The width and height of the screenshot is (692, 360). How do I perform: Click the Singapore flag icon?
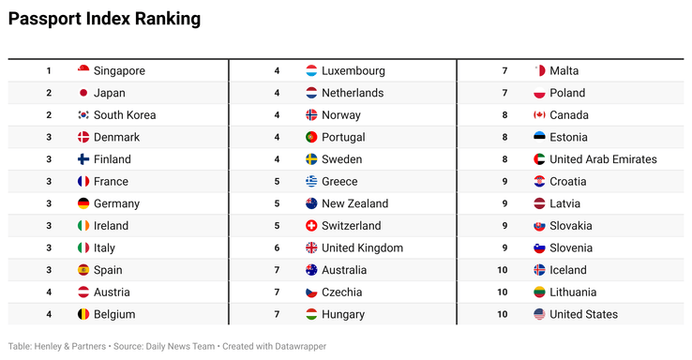(83, 70)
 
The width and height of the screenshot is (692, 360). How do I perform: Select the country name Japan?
(109, 93)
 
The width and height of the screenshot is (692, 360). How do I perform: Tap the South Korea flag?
(83, 115)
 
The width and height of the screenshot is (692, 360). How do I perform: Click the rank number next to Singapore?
(49, 70)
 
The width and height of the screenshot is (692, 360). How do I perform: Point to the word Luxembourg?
(353, 70)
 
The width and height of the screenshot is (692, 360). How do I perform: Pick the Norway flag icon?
(311, 115)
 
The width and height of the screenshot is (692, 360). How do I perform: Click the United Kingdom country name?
(362, 248)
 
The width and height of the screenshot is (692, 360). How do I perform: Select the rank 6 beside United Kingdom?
(277, 248)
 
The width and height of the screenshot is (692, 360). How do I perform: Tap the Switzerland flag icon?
(311, 226)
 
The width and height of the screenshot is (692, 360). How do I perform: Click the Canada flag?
(539, 115)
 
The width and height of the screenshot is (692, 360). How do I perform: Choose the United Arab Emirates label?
(603, 159)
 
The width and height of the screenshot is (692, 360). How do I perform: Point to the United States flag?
(539, 315)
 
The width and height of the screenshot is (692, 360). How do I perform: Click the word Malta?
(564, 70)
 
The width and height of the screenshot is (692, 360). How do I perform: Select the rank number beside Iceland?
(504, 270)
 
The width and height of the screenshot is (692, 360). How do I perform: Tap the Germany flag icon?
(83, 203)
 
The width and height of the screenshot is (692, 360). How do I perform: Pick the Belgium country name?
(114, 315)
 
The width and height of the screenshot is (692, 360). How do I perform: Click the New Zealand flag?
(311, 203)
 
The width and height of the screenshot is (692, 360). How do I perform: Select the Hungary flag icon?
(311, 315)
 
